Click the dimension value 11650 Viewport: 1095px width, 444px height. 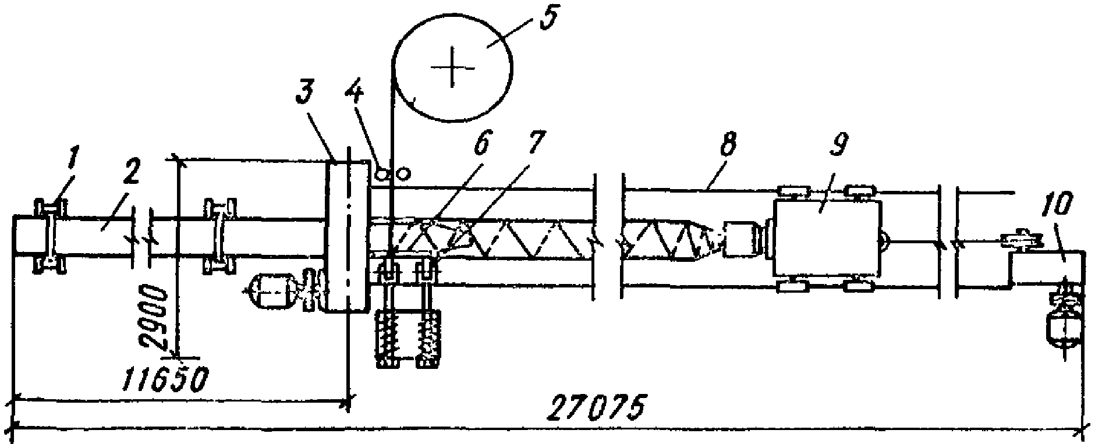[165, 380]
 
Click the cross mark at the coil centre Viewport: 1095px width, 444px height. [452, 68]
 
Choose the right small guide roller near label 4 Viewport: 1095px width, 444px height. [402, 173]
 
